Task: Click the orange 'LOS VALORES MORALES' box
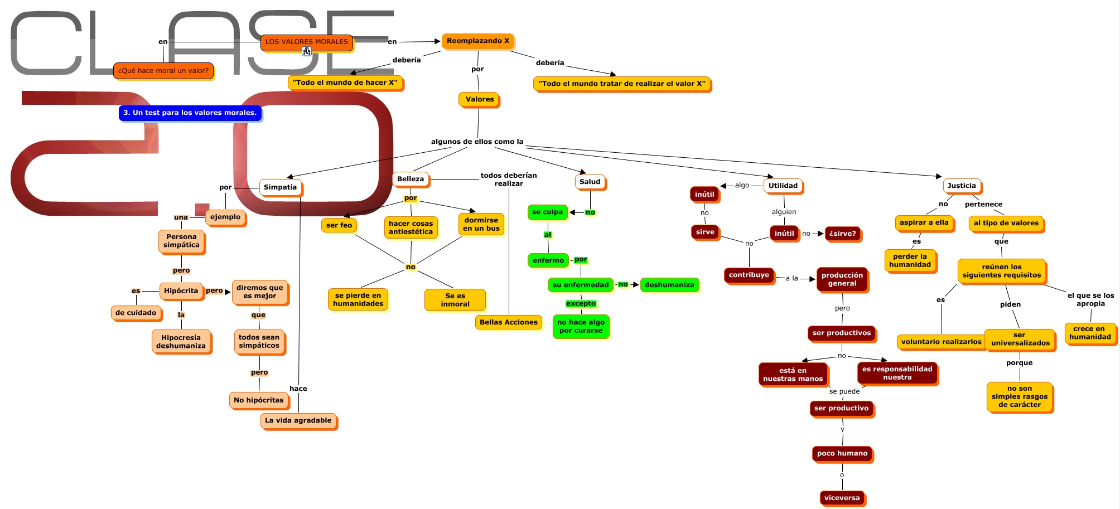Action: coord(306,42)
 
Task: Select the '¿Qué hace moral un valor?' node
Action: coord(163,71)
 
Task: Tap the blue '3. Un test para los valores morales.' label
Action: coord(190,113)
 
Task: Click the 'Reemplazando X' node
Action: coord(477,41)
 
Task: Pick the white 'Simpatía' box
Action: coord(280,187)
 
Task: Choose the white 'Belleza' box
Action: coord(411,179)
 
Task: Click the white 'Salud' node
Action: coord(590,182)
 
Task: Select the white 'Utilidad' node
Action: coord(783,186)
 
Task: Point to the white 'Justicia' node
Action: coord(962,186)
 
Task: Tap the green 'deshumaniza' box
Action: coord(669,285)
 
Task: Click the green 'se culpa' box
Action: coord(547,212)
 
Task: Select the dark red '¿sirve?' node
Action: coord(842,234)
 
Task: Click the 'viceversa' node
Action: coord(842,498)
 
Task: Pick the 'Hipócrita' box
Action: coord(181,291)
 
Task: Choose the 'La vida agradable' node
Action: coord(298,420)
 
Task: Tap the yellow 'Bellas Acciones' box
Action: coord(508,322)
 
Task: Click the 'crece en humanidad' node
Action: coord(1090,333)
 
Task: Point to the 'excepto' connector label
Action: coord(581,304)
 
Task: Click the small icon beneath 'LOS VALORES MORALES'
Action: coord(307,52)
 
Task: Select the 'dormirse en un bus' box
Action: coord(481,224)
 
